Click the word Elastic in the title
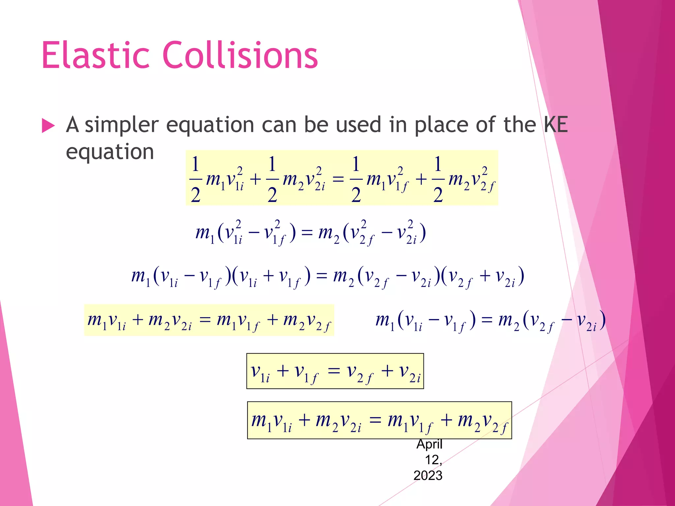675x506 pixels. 96,55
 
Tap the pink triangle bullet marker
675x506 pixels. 48,126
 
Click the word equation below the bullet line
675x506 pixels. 110,152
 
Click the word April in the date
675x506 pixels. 429,444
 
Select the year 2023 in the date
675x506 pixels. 428,475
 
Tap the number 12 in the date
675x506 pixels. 433,460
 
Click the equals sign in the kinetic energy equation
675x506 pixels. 338,180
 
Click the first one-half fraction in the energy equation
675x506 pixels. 195,180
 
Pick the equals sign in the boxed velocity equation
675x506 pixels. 334,371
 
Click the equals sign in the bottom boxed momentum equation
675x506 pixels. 375,420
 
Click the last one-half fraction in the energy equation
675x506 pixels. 438,180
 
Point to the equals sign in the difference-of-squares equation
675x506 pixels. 307,233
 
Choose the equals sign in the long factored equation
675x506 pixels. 321,276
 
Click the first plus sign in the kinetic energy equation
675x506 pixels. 255,180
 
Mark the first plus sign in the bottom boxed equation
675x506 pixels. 304,420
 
